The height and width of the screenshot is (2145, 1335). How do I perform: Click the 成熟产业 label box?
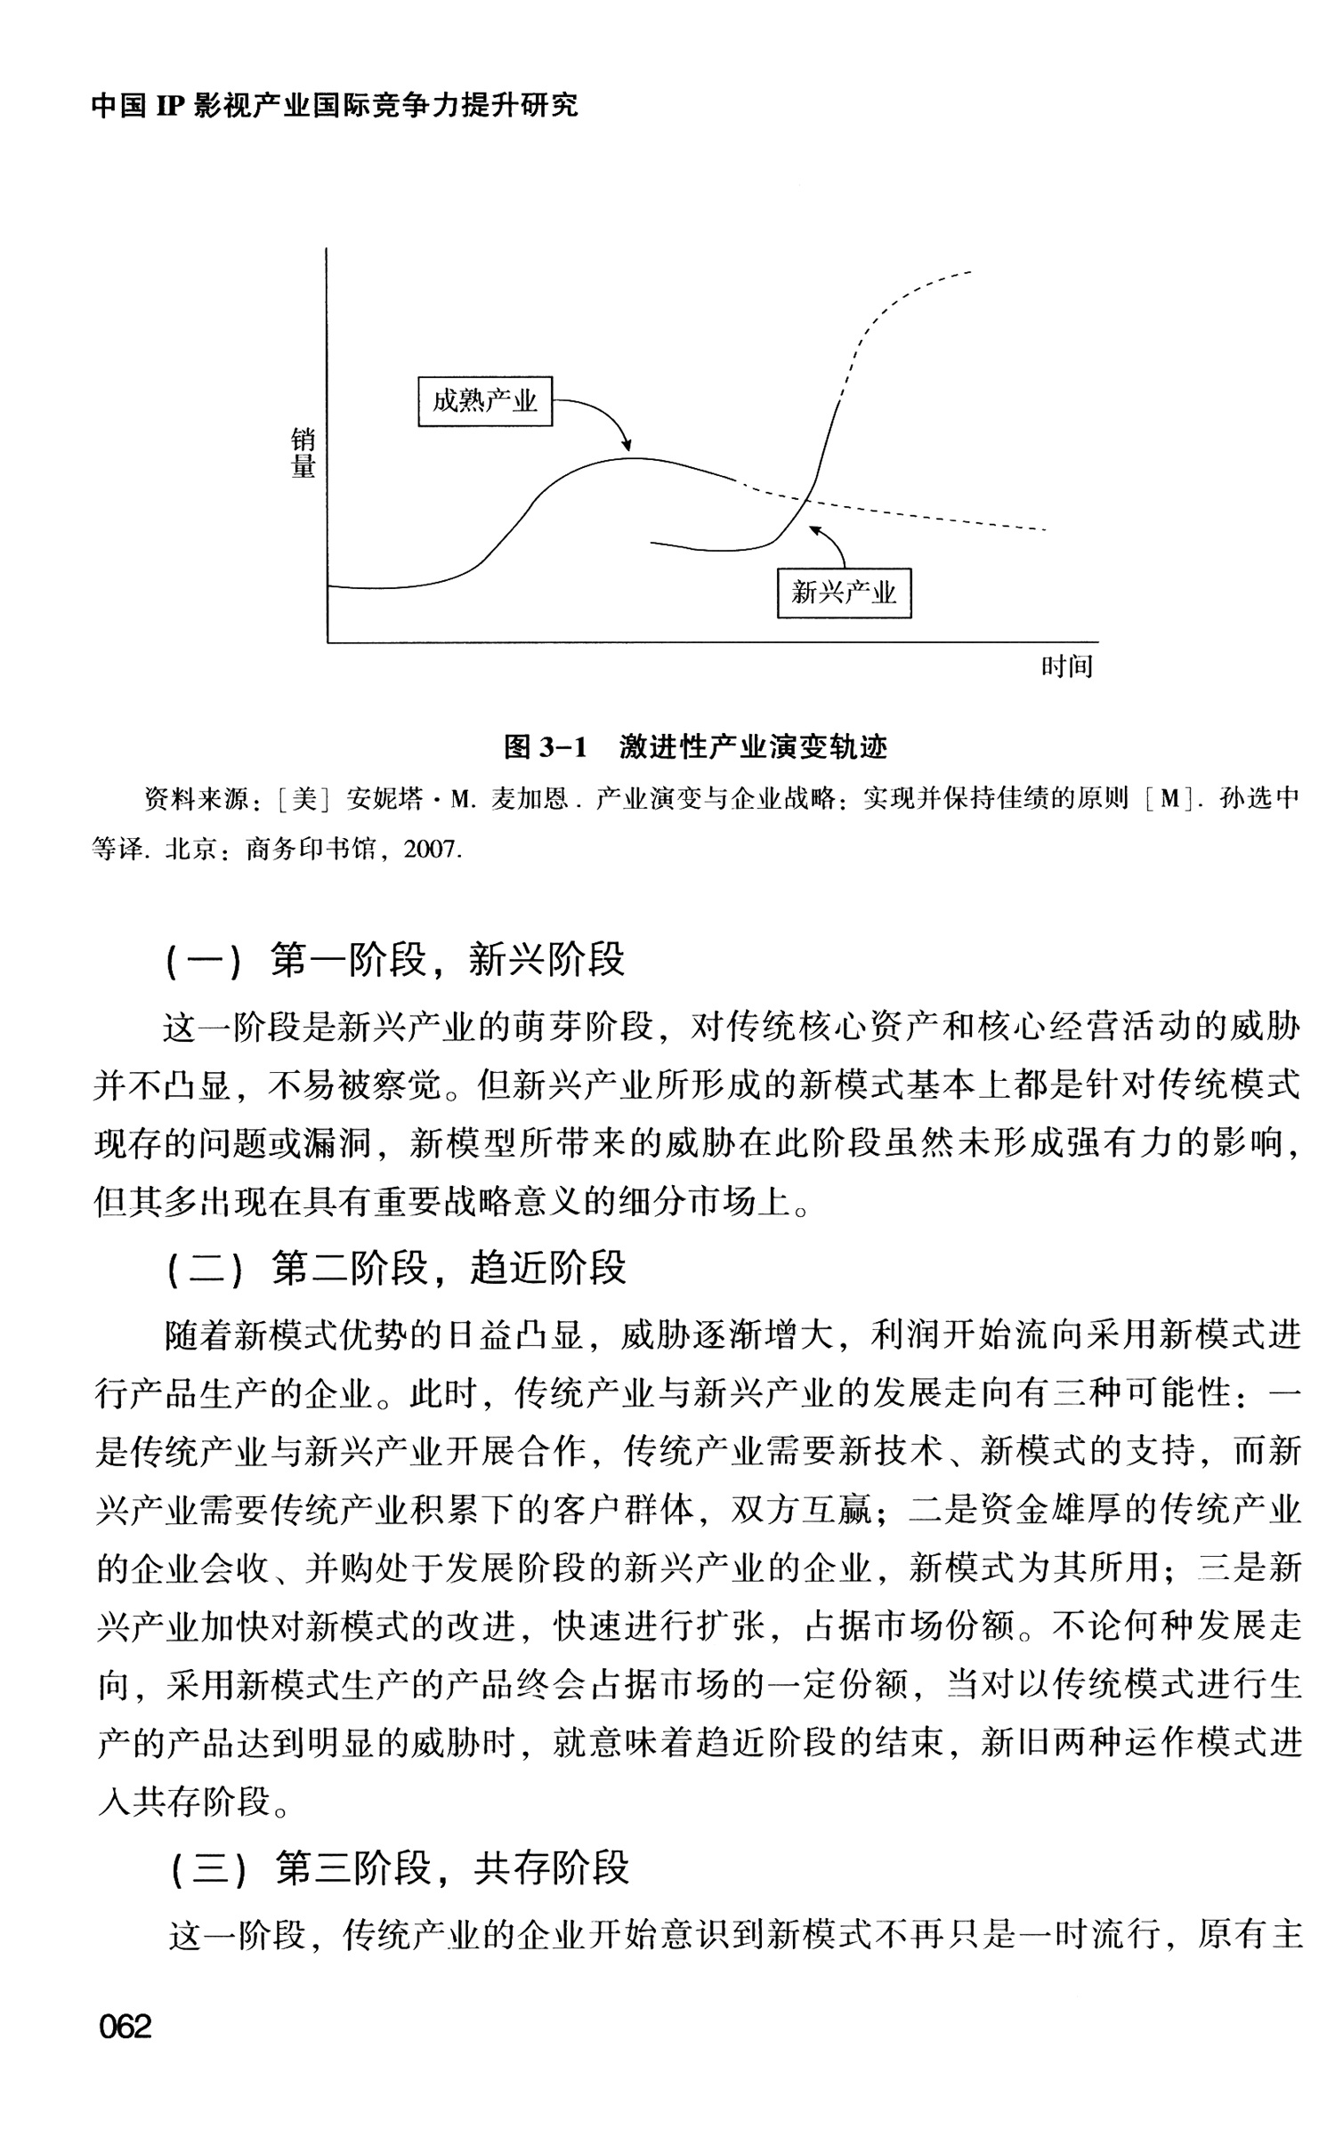point(485,401)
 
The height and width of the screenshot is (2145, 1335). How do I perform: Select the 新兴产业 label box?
point(844,593)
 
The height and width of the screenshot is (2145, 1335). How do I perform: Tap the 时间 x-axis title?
point(1066,667)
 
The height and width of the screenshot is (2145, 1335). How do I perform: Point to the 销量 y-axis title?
point(303,454)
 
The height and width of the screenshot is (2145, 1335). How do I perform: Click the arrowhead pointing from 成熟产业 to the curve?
point(627,446)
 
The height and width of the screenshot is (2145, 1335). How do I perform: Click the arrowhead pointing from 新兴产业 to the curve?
point(813,530)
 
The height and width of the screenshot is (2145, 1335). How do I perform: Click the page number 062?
point(125,2026)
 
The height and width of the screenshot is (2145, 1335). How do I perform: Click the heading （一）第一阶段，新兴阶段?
point(395,960)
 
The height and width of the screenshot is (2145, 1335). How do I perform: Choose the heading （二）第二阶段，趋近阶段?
point(395,1268)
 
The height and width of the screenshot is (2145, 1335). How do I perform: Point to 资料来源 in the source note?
point(197,800)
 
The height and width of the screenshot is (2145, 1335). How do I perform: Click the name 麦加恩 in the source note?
point(530,800)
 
